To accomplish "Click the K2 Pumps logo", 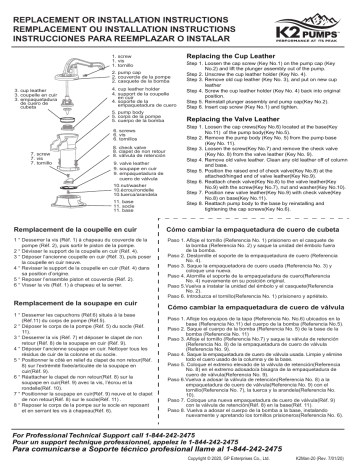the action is (308, 22).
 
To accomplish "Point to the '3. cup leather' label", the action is (25, 91).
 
